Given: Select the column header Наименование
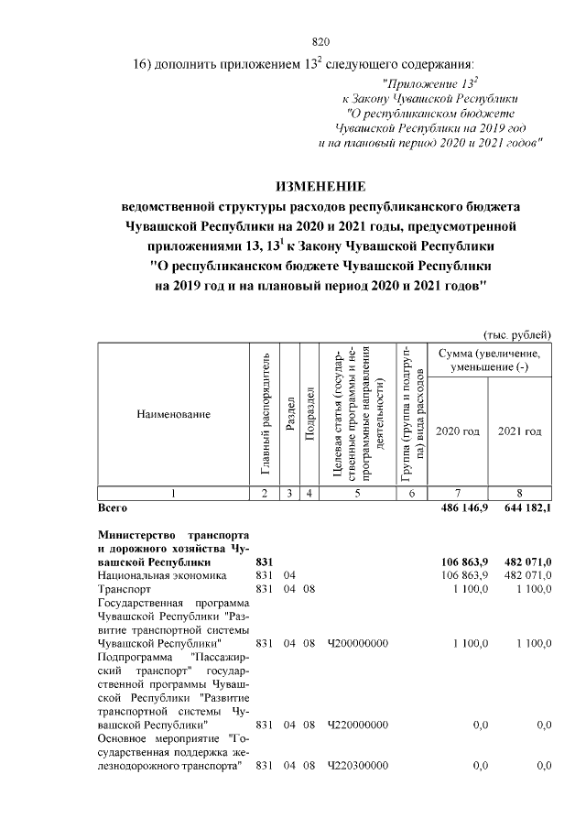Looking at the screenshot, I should point(173,414).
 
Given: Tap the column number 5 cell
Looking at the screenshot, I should point(358,494).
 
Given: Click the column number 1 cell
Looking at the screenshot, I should point(173,494).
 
